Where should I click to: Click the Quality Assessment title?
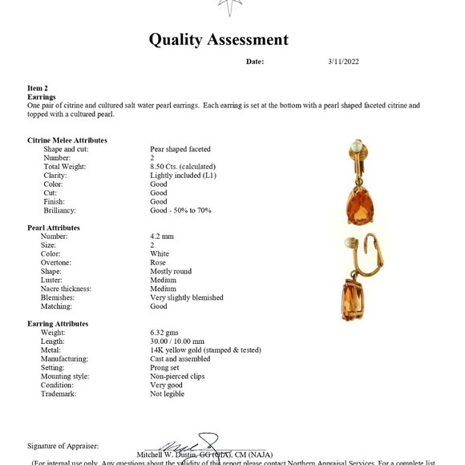pyautogui.click(x=218, y=40)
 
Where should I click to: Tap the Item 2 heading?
pyautogui.click(x=38, y=88)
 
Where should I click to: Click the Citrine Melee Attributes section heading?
pyautogui.click(x=67, y=140)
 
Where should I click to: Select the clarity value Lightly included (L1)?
pyautogui.click(x=184, y=176)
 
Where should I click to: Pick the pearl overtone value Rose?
pyautogui.click(x=159, y=263)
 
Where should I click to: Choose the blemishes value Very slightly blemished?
pyautogui.click(x=187, y=297)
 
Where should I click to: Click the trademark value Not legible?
pyautogui.click(x=168, y=394)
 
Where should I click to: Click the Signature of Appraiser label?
pyautogui.click(x=63, y=445)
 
